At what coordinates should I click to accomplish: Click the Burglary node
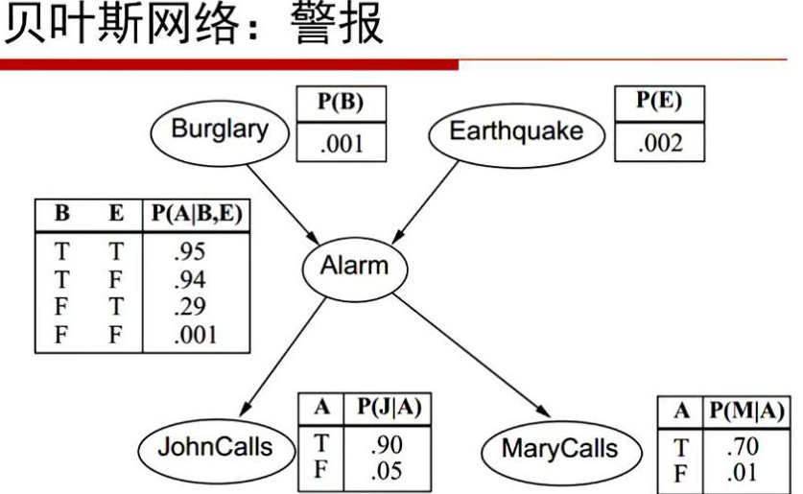pos(220,130)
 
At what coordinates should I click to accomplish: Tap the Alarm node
pos(353,266)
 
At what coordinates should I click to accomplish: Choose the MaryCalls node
pos(559,449)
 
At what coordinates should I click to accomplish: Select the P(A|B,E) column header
pos(196,214)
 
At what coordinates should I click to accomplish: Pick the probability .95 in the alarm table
pos(188,252)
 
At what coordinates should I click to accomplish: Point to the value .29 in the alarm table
pos(188,307)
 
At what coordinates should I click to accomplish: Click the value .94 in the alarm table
pos(188,280)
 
